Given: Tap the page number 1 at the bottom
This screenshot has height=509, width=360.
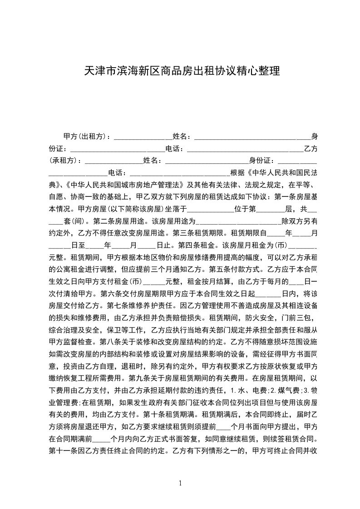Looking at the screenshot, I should tap(181, 483).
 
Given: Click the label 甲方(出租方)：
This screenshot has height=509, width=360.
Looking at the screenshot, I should tap(88, 137).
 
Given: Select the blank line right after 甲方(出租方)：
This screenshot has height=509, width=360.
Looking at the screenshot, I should tap(143, 137).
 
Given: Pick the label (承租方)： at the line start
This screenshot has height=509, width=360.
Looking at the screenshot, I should tap(66, 161).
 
